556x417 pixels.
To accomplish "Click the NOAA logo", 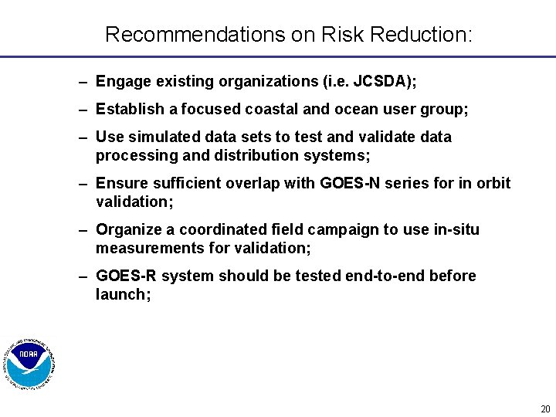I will pyautogui.click(x=30, y=364).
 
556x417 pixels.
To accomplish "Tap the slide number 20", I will pyautogui.click(x=545, y=409).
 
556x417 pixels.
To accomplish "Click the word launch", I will pyautogui.click(x=120, y=294).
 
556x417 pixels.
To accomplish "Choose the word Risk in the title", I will pyautogui.click(x=342, y=35).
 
